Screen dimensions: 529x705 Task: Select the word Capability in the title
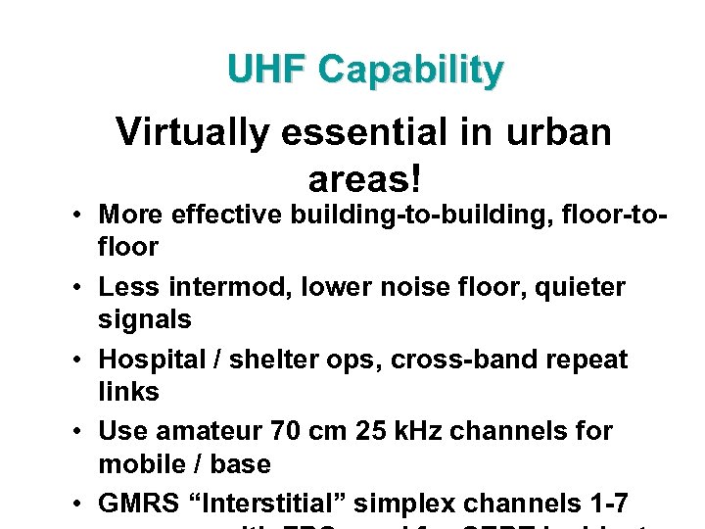pos(410,71)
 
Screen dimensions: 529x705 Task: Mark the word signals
pos(145,319)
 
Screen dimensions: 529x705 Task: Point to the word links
pos(128,392)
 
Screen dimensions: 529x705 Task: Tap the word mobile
pos(135,463)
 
